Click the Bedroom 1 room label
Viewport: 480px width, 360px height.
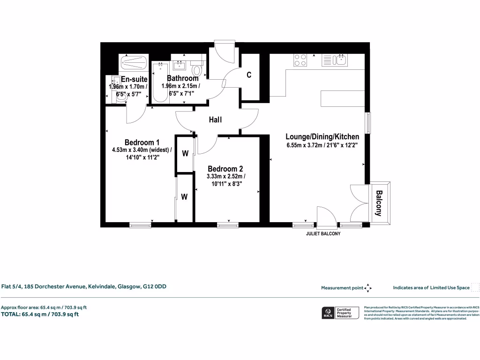[142, 142]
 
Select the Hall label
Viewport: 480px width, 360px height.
[215, 120]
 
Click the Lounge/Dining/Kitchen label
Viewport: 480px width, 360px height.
[322, 136]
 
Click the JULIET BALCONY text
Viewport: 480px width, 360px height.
[323, 233]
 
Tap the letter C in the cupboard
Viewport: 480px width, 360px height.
[249, 75]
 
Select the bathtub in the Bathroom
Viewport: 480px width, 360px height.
[160, 81]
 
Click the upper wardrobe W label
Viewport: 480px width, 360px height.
[185, 153]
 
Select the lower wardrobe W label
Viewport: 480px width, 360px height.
[185, 197]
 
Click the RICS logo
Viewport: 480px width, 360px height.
[327, 313]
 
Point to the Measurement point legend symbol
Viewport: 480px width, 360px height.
[368, 288]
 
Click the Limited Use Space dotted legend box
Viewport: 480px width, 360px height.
[475, 288]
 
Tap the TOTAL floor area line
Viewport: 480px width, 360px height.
[40, 314]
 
